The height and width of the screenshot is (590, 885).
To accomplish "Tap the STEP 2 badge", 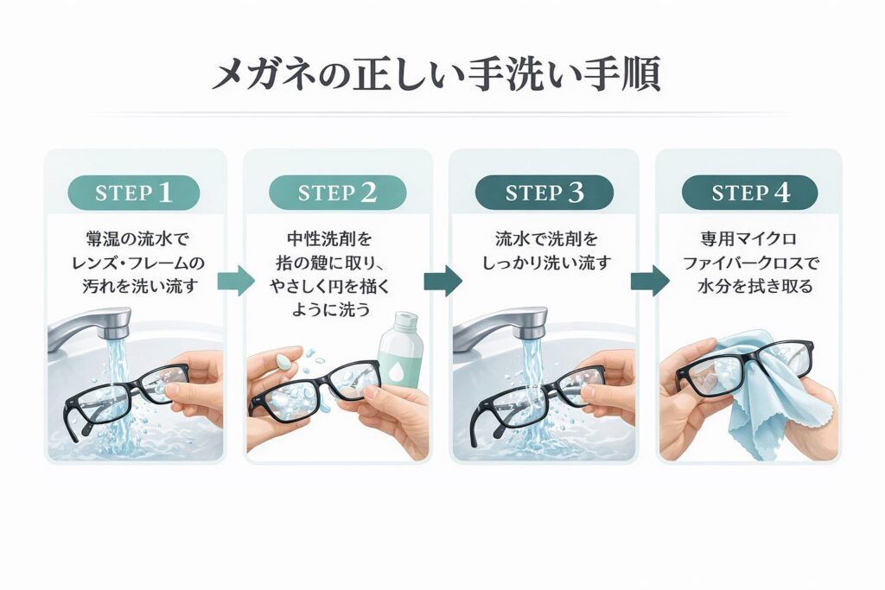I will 337,193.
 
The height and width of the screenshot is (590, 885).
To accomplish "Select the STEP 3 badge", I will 544,193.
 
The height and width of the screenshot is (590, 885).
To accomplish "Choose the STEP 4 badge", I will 749,193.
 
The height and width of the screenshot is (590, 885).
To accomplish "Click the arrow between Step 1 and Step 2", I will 235,281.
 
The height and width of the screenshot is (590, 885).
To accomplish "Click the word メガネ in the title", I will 259,76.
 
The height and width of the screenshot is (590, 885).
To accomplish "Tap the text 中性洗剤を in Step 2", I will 337,239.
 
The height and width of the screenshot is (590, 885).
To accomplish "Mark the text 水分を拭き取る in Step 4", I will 749,286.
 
